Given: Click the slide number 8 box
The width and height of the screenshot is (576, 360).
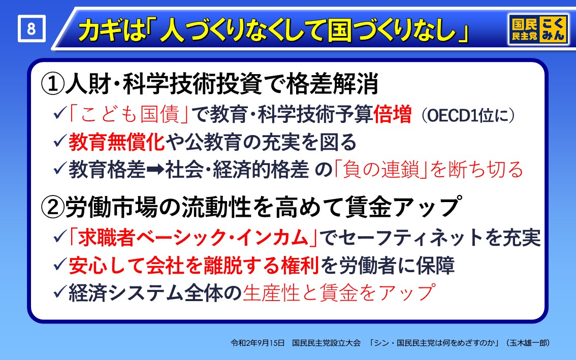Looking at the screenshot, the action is click(31, 28).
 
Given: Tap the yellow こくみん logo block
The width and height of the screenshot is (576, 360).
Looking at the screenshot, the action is click(553, 29).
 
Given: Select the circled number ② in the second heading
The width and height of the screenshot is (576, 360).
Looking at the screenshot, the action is click(52, 207).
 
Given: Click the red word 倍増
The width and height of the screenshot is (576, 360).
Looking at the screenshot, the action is click(392, 114).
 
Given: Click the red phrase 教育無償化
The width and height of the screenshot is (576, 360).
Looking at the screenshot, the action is click(116, 142).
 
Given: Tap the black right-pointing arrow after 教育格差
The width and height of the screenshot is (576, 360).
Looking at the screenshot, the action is click(155, 170).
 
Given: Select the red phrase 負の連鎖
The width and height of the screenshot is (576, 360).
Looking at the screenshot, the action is click(381, 170).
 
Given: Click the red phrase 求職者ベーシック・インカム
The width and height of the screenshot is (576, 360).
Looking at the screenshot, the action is click(193, 237).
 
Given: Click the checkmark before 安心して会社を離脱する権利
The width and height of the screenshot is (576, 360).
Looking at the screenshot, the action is click(60, 265).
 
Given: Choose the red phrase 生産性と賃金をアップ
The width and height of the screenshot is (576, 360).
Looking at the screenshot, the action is click(339, 292).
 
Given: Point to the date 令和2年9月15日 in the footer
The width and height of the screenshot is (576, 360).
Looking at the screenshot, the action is click(258, 343).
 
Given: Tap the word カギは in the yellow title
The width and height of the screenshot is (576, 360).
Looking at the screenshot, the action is click(110, 30).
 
